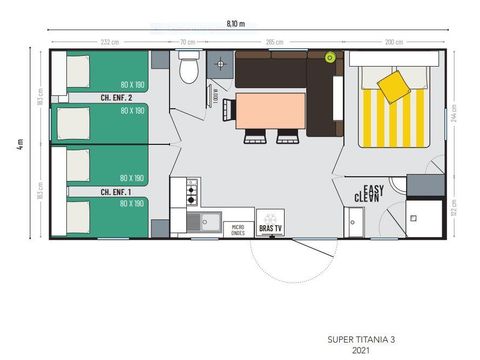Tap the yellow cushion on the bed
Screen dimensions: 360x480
click(395, 86)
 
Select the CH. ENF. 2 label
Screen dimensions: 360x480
click(118, 99)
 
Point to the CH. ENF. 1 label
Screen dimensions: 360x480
click(117, 191)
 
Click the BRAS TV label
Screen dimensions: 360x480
click(270, 228)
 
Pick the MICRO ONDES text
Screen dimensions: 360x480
click(238, 228)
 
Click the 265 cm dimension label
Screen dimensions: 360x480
click(271, 41)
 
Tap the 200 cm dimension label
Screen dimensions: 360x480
click(393, 41)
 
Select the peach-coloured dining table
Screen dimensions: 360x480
click(268, 110)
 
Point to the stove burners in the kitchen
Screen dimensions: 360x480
click(191, 191)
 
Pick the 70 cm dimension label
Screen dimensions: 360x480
click(187, 41)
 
